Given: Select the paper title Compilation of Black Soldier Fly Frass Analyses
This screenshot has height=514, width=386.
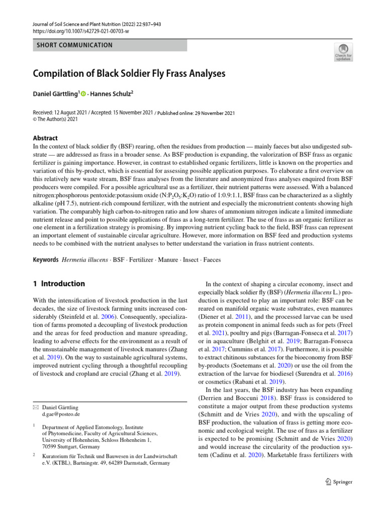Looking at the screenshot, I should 129,74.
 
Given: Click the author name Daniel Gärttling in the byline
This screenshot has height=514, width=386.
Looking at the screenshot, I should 55,94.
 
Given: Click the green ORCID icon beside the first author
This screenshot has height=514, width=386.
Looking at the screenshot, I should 83,94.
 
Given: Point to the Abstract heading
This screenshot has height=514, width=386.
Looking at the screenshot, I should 45,138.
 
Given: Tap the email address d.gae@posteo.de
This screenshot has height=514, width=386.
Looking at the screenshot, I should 61,414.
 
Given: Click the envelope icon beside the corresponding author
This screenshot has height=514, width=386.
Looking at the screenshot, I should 35,407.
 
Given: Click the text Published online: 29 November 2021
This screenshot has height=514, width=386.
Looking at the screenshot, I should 197,113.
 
